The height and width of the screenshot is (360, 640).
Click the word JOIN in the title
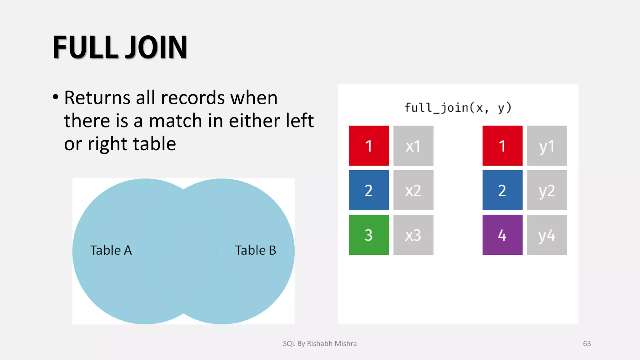156,47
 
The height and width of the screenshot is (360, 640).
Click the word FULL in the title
85,47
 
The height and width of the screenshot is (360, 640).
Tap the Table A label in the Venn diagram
111,250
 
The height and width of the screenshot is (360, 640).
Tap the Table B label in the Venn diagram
255,250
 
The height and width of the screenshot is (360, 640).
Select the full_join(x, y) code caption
458,108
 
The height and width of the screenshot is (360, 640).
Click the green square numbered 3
369,235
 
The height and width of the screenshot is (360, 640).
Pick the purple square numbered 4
502,235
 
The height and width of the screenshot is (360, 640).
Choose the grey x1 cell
413,146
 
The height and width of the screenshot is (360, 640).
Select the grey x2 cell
413,190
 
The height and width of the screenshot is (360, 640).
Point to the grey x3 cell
413,235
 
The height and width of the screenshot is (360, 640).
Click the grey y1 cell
547,146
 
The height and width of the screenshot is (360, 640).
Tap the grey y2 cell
547,190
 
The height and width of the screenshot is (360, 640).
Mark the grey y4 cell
547,235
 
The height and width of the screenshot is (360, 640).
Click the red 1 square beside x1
369,146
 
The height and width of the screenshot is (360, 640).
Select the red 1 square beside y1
502,146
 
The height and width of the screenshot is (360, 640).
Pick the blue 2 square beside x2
369,190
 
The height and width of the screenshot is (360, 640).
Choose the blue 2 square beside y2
502,190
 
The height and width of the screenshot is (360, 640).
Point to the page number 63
587,344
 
